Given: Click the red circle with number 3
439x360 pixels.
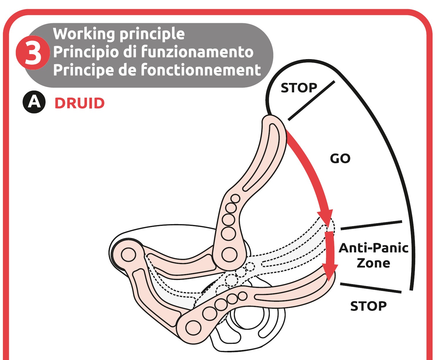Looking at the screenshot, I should click(33, 53).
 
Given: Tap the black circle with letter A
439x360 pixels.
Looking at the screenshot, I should click(34, 102).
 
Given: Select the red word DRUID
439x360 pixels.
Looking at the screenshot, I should click(80, 103).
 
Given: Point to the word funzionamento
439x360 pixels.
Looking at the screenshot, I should click(197, 52).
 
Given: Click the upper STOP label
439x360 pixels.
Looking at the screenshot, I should click(299, 88).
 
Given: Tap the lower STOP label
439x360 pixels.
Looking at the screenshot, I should click(368, 306).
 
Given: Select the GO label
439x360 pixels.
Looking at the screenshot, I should click(340, 159).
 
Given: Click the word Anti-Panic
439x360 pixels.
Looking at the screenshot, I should click(373, 248).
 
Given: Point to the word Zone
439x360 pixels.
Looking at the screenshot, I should click(373, 263).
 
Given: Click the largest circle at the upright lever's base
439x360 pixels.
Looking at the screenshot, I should click(229, 254).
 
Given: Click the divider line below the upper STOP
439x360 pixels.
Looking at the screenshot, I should click(311, 101).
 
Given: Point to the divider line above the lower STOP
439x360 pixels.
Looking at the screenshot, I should click(370, 288).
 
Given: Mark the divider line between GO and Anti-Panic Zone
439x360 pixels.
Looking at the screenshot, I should click(371, 225).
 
